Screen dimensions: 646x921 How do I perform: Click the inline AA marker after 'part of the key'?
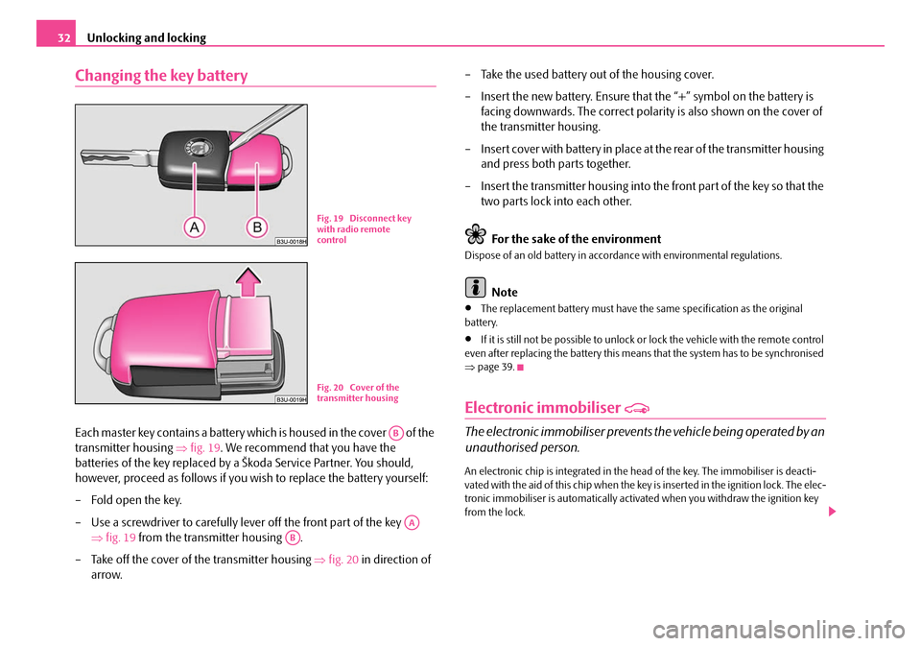click(x=412, y=522)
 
